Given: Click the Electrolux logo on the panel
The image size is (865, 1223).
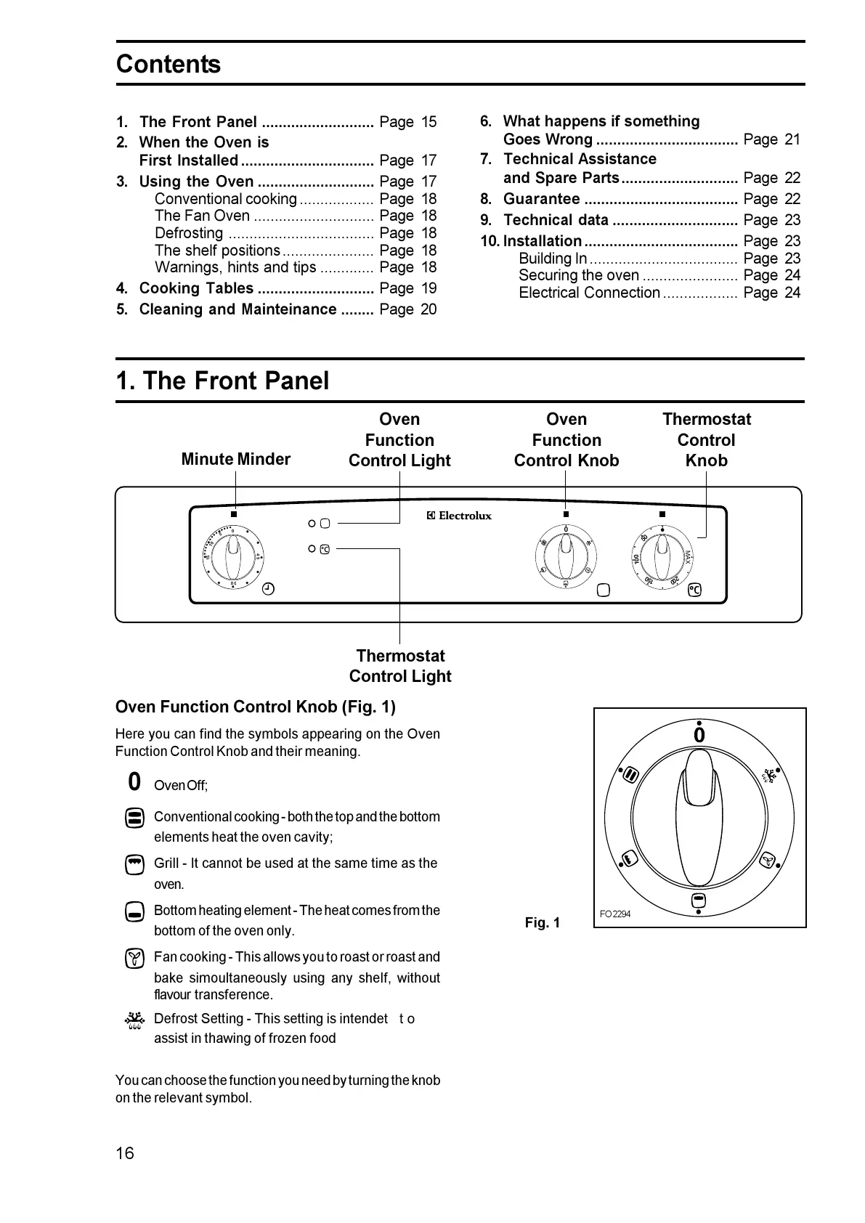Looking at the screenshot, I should [x=458, y=516].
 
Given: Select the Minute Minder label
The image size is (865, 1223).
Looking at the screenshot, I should [x=235, y=459].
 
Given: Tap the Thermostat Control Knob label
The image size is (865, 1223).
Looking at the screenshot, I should [x=706, y=439].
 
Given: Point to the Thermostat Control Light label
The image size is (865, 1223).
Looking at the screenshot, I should [x=400, y=666].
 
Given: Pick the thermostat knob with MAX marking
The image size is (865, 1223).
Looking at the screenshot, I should [x=662, y=557].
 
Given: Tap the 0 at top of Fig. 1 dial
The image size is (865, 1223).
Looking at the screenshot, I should [x=699, y=736].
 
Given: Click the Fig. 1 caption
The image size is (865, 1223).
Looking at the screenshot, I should [x=543, y=922].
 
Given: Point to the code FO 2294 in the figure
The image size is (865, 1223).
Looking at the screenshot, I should [x=615, y=914].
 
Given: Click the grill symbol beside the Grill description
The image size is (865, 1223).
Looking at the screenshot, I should [x=134, y=865].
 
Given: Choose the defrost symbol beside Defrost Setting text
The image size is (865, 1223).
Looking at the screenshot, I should [x=134, y=1022].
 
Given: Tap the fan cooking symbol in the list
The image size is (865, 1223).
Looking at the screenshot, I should [x=134, y=959].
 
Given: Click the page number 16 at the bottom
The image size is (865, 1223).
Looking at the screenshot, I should [x=125, y=1153].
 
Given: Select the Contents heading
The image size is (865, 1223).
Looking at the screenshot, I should [x=168, y=65].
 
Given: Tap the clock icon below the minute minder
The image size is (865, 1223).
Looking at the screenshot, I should [x=268, y=589].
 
